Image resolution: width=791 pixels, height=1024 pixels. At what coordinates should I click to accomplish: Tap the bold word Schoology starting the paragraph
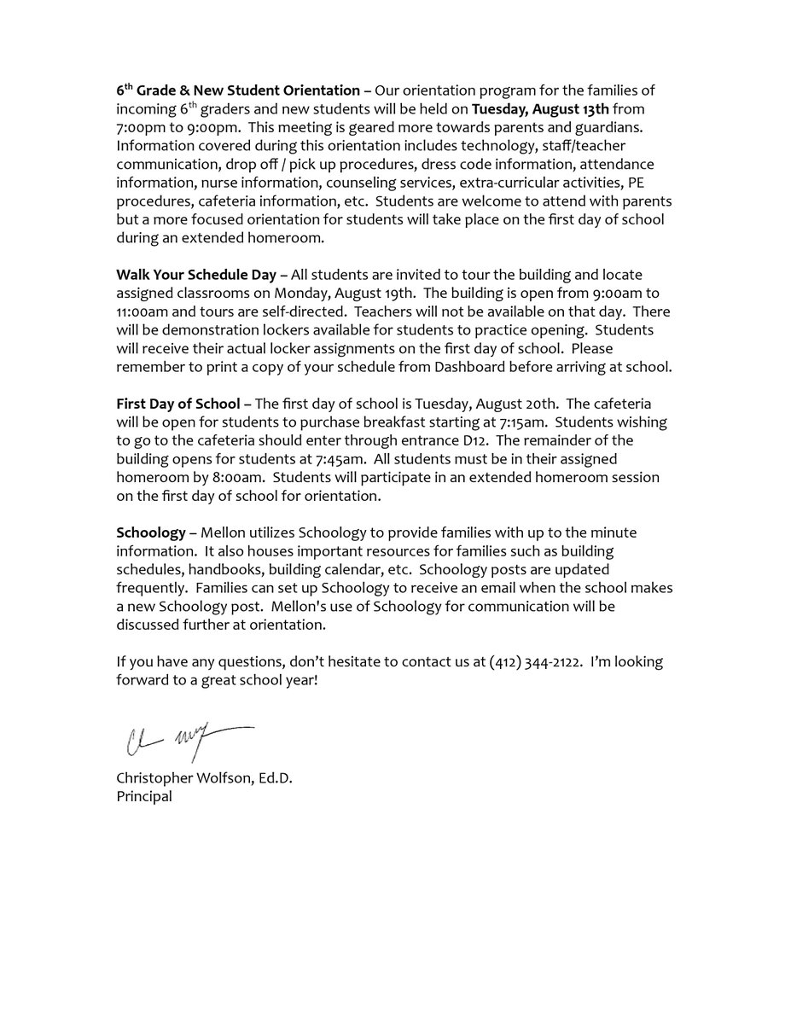click(151, 532)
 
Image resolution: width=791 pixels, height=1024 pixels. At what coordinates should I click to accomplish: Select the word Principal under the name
click(144, 796)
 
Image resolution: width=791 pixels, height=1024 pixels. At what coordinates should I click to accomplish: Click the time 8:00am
click(220, 478)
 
